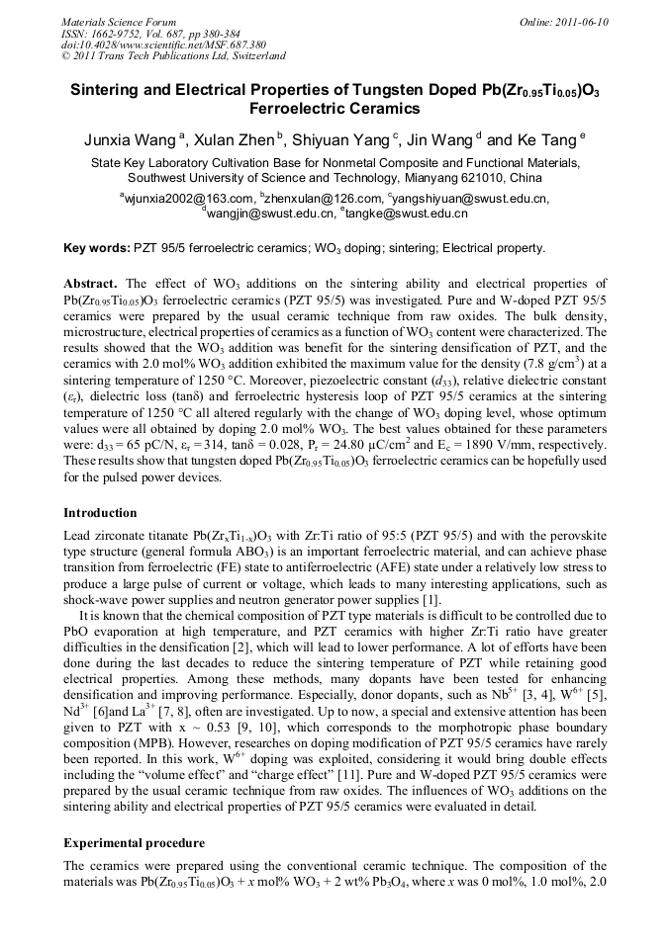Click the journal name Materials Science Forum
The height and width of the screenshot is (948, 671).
(119, 22)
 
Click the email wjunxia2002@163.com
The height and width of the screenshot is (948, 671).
(188, 199)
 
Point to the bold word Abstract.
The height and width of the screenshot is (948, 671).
(91, 283)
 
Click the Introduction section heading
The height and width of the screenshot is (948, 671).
(100, 513)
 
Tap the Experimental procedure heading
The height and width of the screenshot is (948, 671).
(134, 843)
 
